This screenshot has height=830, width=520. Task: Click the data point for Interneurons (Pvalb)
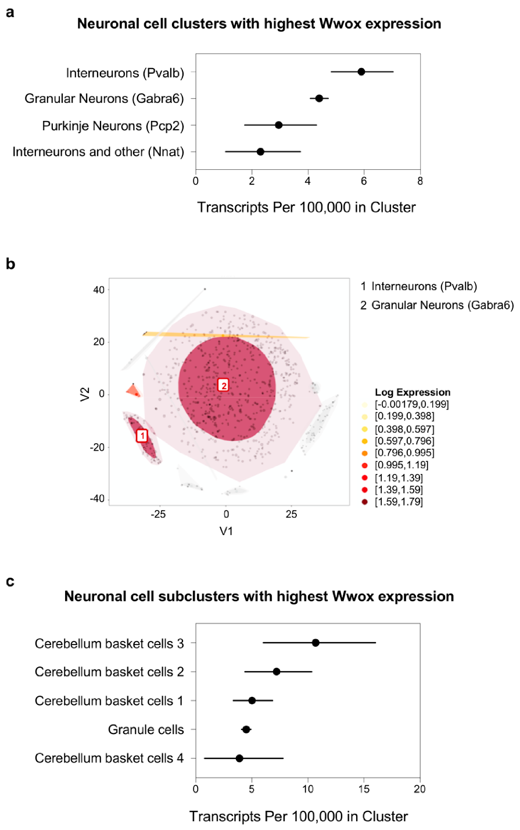(x=361, y=72)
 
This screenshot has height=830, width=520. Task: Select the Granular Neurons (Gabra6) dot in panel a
(x=319, y=98)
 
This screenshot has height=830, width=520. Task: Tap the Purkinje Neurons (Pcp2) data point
(x=279, y=125)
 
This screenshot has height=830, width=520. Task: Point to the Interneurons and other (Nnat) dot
(x=260, y=152)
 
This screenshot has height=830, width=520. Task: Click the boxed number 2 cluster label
(x=223, y=384)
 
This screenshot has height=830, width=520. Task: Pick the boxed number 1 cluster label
(x=142, y=436)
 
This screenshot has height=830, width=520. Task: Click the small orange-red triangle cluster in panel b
(x=134, y=390)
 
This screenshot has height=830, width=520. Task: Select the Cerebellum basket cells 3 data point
(x=315, y=643)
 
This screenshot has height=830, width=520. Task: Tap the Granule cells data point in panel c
(x=246, y=729)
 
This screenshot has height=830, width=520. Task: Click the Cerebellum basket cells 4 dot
(x=239, y=758)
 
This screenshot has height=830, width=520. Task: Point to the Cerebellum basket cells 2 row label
(x=109, y=672)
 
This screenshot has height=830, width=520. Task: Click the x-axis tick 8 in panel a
(x=420, y=181)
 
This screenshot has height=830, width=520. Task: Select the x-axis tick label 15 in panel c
(x=364, y=789)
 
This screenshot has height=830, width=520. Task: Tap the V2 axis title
(x=85, y=394)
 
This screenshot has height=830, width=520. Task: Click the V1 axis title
(x=226, y=531)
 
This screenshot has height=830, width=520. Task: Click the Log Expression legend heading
(x=413, y=392)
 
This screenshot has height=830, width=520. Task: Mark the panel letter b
(x=10, y=264)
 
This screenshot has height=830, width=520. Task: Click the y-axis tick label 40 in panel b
(x=99, y=290)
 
